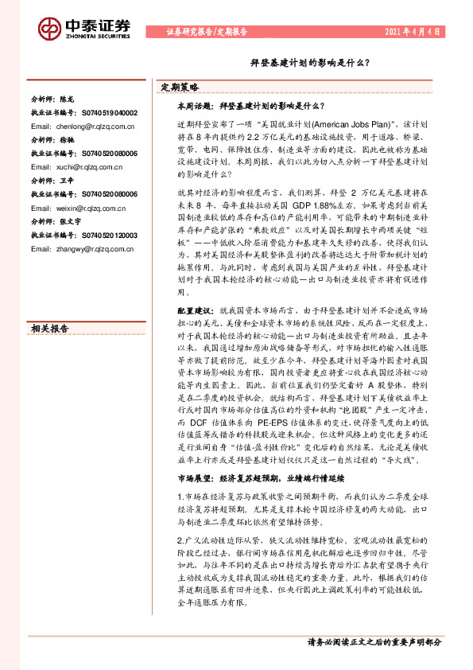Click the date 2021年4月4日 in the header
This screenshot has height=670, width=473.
[x=413, y=32]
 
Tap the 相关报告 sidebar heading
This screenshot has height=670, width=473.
[x=50, y=306]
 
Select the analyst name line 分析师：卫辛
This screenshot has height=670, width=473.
[x=53, y=181]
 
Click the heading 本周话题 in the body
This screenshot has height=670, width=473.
[x=195, y=105]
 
